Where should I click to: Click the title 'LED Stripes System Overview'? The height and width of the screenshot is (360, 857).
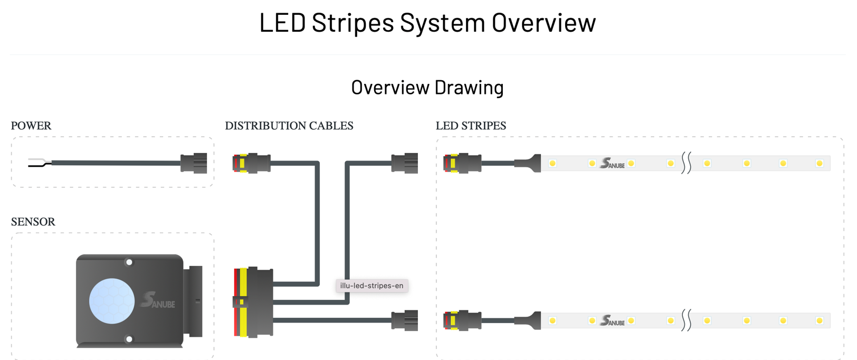tap(427, 23)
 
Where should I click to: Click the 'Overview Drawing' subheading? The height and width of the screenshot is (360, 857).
tap(427, 88)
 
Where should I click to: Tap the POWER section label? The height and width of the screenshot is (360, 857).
tap(31, 126)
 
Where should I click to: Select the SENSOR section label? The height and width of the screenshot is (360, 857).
tap(33, 222)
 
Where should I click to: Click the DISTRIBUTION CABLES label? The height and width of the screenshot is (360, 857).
tap(289, 126)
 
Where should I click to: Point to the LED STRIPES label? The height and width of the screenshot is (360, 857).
tap(471, 126)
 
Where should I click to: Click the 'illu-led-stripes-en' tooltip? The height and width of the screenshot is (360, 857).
tap(372, 286)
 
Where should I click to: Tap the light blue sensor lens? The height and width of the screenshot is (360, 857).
tap(112, 301)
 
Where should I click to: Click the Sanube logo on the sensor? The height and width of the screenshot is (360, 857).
tap(157, 301)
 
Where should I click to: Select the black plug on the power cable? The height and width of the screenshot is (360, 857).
tap(194, 163)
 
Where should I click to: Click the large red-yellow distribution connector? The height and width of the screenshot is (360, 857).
tap(253, 302)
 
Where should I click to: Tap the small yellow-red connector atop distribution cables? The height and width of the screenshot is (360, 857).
tap(251, 163)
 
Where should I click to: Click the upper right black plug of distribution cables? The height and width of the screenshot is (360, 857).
tap(405, 163)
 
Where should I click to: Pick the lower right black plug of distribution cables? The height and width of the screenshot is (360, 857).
tap(405, 320)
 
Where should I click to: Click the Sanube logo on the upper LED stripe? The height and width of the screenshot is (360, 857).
tap(612, 164)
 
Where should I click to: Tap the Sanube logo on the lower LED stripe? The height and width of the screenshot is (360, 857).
tap(612, 321)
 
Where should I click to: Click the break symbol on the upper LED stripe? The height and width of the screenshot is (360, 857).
tap(686, 163)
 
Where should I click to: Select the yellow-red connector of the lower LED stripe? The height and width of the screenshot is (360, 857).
tap(462, 320)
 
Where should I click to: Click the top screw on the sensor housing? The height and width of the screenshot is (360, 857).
tap(129, 262)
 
